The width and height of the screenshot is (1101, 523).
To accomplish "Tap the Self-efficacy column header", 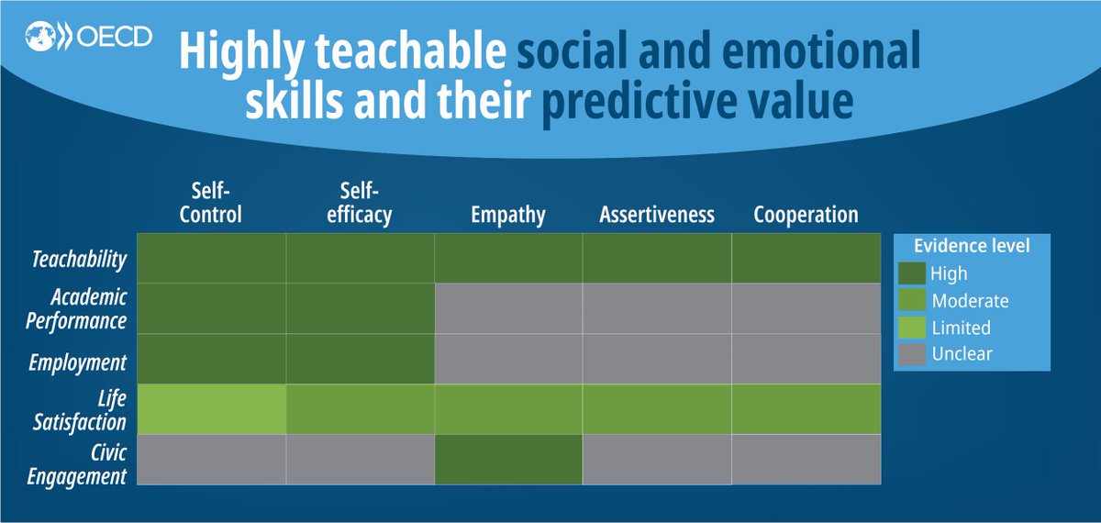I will tap(359, 204).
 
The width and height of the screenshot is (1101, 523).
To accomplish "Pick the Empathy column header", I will tap(507, 216).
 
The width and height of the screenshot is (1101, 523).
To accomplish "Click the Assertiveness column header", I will tap(656, 216).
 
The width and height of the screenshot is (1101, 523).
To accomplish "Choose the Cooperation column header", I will tap(806, 216).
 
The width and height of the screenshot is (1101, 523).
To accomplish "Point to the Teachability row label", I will tap(78, 260).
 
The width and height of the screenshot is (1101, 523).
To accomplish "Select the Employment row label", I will tap(80, 362).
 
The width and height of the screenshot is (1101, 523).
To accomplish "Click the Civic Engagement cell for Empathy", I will tap(507, 460).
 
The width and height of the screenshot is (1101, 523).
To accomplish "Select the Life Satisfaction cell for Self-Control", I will tap(211, 409).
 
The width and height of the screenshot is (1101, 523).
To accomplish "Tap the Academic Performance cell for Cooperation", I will tap(806, 308).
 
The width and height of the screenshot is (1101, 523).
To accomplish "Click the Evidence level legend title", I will tap(971, 246).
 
